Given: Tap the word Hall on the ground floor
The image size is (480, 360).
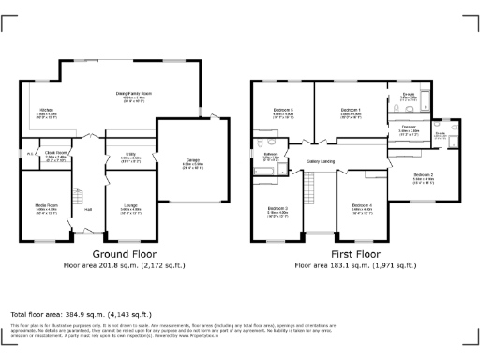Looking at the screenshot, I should coord(88,208).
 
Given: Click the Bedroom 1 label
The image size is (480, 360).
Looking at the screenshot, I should coord(352,111).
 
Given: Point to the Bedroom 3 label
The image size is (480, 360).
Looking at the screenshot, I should coord(277,207).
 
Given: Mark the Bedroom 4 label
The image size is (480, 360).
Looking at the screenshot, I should coord(362,205).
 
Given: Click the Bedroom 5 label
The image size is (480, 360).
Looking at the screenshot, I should coord(283,111).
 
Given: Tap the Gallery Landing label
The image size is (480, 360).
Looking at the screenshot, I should coord(322,161).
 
